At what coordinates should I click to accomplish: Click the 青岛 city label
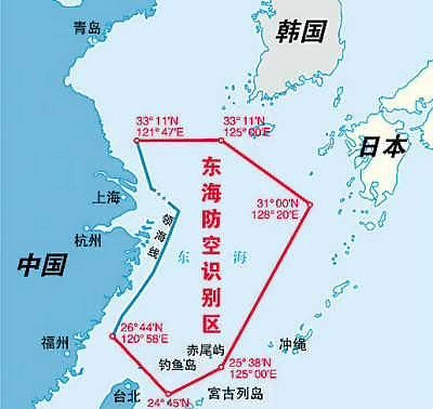(87, 27)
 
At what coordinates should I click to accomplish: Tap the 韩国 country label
(301, 31)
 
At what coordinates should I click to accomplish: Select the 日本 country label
(383, 146)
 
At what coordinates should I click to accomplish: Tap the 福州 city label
(55, 343)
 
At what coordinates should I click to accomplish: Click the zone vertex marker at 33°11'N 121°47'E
(137, 141)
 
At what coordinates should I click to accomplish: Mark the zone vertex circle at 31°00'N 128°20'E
(310, 204)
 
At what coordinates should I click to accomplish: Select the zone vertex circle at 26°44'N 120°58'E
(113, 336)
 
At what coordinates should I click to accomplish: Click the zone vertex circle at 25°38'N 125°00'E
(221, 368)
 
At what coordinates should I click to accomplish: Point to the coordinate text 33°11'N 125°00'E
(247, 126)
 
